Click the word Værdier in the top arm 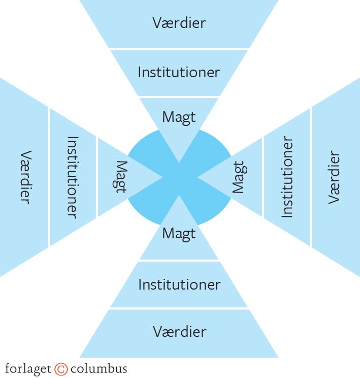[x=179, y=23]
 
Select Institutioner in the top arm [x=179, y=72]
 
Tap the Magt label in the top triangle [x=179, y=117]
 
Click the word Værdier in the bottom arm [x=179, y=332]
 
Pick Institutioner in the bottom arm [x=179, y=284]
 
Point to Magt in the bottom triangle [x=179, y=234]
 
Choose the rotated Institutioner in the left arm [x=72, y=177]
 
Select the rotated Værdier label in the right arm [x=334, y=177]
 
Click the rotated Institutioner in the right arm [x=287, y=177]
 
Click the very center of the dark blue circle [x=179, y=177]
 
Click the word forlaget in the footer [x=28, y=369]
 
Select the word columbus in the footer [x=99, y=369]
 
